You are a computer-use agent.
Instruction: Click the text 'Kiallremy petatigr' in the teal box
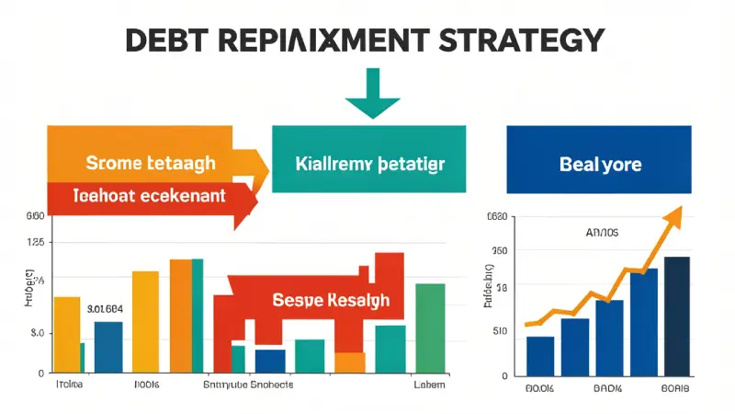(372, 165)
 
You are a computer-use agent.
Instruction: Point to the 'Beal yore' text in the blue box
(600, 165)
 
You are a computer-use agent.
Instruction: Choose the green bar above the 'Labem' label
(430, 327)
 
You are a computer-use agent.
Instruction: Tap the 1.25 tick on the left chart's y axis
(36, 242)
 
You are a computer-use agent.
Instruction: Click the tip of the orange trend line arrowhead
(683, 208)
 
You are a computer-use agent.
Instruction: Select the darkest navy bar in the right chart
(676, 316)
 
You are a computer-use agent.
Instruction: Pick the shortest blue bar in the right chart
(539, 355)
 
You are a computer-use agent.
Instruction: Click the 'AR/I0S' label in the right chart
(602, 233)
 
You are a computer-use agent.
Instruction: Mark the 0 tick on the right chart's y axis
(504, 375)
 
